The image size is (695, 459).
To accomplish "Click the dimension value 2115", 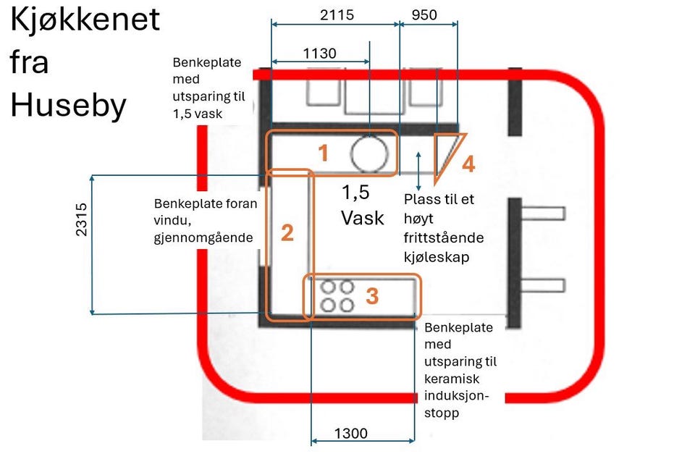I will (x=337, y=14).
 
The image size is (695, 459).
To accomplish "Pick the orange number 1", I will (x=324, y=153).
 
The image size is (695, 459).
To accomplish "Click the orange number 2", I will (x=287, y=233).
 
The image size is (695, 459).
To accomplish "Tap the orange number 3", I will (x=372, y=296).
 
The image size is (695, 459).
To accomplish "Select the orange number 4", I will (x=468, y=164).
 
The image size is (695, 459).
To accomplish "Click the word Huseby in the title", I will (x=68, y=106).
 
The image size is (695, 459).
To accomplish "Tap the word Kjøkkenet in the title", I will (x=85, y=20).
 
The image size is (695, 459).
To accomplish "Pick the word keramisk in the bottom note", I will (x=452, y=379).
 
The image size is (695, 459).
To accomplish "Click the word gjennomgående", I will (x=205, y=237).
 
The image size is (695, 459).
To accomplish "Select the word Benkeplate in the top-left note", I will (x=207, y=63).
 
